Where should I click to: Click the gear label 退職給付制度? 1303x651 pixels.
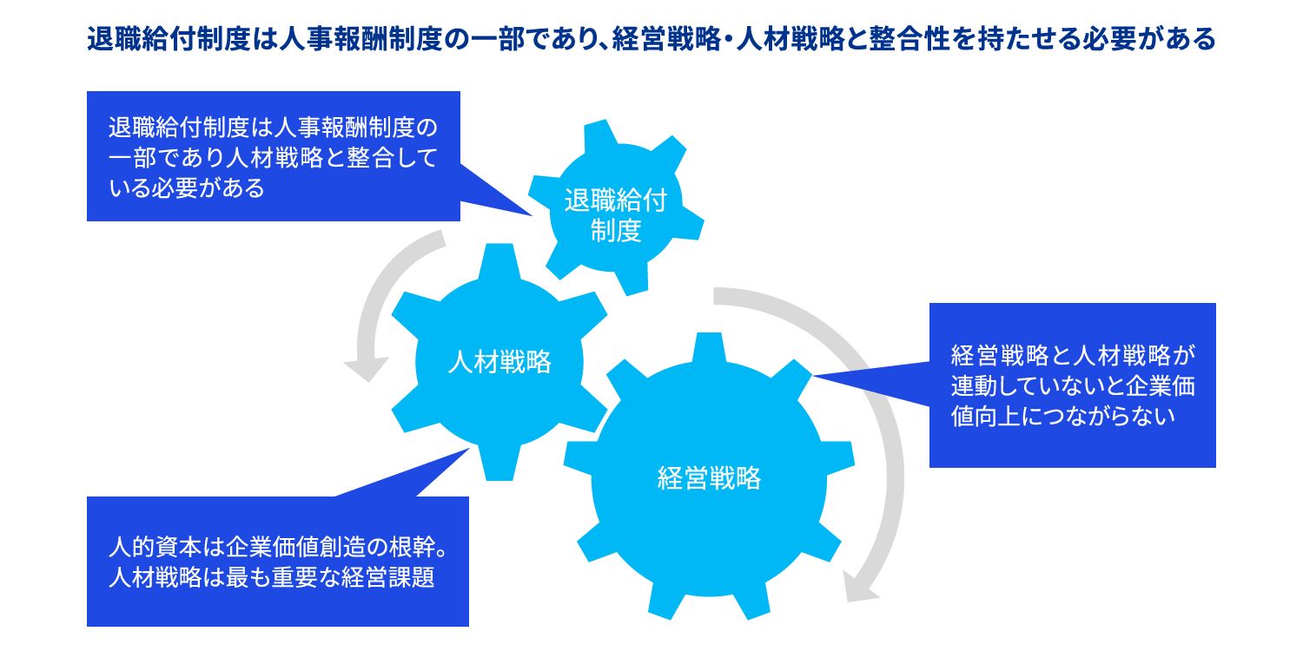(x=616, y=217)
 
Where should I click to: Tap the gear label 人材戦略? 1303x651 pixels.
(x=499, y=361)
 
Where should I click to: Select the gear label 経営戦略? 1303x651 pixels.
(x=709, y=477)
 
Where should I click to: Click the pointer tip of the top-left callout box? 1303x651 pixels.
(x=531, y=215)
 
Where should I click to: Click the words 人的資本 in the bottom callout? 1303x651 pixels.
(x=153, y=549)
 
